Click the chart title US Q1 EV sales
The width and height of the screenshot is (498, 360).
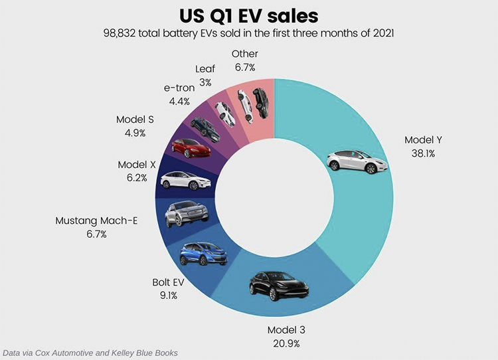click(249, 15)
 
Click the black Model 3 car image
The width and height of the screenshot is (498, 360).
click(280, 286)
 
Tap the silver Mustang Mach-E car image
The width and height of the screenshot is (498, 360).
click(187, 214)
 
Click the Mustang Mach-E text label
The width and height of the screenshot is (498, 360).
click(96, 221)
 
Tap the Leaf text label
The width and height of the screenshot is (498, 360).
click(205, 68)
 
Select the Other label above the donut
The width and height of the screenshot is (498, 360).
click(244, 54)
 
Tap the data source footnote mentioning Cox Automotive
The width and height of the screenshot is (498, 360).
click(90, 353)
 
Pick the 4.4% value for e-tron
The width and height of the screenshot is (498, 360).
click(178, 102)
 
